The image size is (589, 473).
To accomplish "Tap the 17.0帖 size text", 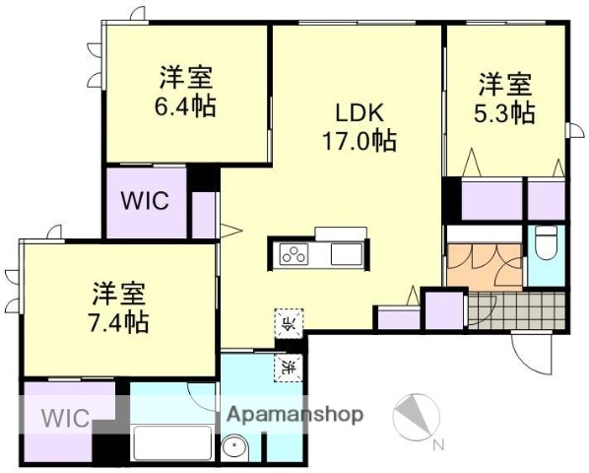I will [x=358, y=141].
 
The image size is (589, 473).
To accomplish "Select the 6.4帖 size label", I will [x=187, y=105].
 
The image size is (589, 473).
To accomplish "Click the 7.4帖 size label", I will [x=120, y=320].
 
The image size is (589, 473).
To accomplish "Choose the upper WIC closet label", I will [x=145, y=200].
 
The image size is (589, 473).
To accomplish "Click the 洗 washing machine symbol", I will [x=287, y=367].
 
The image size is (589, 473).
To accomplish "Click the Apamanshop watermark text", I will [x=294, y=415].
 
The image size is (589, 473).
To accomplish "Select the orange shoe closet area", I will [x=484, y=262].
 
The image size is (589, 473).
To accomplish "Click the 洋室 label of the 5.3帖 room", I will [x=507, y=83].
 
